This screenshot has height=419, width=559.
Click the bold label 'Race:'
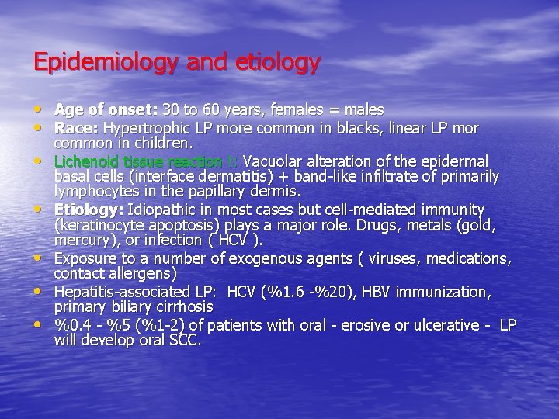tap(77, 128)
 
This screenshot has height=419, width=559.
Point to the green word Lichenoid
tap(88, 161)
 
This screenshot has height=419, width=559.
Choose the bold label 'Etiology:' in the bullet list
tap(89, 209)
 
